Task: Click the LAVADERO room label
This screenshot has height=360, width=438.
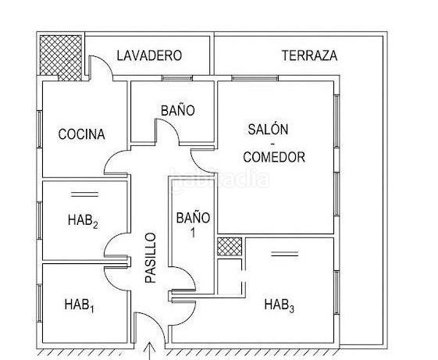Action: (149, 55)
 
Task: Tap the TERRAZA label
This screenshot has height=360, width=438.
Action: (309, 55)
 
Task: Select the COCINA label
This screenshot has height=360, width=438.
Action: (81, 134)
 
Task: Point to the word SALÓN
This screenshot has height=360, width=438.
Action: (268, 130)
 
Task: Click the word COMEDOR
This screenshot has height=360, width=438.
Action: (274, 157)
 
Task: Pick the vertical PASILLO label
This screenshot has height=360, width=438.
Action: (151, 258)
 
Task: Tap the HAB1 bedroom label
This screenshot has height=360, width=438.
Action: (80, 305)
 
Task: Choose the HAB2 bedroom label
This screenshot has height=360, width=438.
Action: (83, 221)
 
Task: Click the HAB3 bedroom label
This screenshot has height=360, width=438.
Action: (279, 305)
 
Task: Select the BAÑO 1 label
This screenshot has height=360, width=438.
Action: (193, 224)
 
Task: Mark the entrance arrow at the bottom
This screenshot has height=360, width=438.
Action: (150, 351)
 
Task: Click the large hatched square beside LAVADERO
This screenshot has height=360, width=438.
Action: (61, 58)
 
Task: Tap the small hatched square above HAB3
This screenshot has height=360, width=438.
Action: (230, 247)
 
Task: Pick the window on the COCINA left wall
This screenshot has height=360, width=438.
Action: (40, 129)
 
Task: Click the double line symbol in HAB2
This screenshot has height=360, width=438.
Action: (84, 194)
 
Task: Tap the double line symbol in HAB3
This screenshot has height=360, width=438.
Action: (285, 254)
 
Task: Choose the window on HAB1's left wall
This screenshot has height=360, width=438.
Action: (40, 303)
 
